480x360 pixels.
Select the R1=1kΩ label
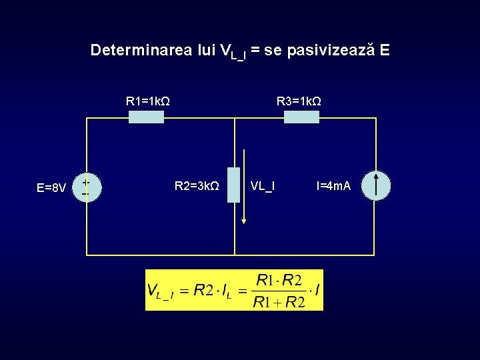[x=147, y=101]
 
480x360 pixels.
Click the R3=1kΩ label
[x=299, y=101]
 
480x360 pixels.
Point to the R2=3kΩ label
[x=197, y=185]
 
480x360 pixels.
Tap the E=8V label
[x=51, y=188]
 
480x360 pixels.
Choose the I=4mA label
[x=334, y=185]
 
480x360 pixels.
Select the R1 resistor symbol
[x=146, y=117]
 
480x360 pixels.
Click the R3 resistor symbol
[x=301, y=117]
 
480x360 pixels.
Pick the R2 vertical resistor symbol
[x=233, y=185]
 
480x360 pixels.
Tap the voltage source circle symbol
[x=85, y=185]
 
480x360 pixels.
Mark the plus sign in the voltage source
[x=85, y=180]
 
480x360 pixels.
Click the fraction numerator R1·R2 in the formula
[x=279, y=280]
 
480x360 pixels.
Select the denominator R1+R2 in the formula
[x=279, y=303]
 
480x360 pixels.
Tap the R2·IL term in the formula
[x=211, y=291]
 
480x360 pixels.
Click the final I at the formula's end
[x=317, y=291]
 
